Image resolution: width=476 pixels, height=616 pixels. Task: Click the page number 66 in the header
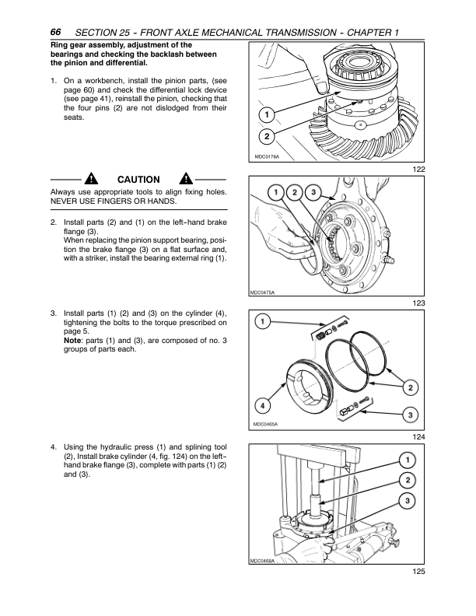[x=55, y=32]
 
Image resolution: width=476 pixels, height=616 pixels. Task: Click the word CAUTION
[x=138, y=180]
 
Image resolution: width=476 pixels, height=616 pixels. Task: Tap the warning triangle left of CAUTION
[x=91, y=179]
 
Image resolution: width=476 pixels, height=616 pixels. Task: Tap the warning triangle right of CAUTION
[x=186, y=179]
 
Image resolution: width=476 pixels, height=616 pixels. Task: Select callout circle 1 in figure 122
[x=267, y=114]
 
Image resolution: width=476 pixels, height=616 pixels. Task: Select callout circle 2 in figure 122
[x=267, y=136]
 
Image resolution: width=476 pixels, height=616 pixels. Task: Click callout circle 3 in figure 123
[x=313, y=192]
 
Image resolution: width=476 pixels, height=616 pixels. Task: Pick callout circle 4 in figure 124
[x=263, y=405]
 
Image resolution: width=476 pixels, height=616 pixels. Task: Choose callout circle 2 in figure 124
[x=411, y=388]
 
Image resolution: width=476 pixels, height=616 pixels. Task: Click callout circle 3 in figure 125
[x=408, y=501]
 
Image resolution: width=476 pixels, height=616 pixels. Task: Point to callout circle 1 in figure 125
[x=408, y=460]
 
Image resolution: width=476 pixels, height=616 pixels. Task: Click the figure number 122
[x=418, y=170]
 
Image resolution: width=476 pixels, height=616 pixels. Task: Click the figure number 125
[x=418, y=571]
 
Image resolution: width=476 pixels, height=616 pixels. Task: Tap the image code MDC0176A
[x=267, y=157]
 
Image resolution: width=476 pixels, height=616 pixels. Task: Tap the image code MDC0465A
[x=265, y=425]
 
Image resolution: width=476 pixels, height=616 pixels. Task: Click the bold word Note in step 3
[x=72, y=340]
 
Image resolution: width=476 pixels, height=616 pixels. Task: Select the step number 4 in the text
[x=54, y=447]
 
